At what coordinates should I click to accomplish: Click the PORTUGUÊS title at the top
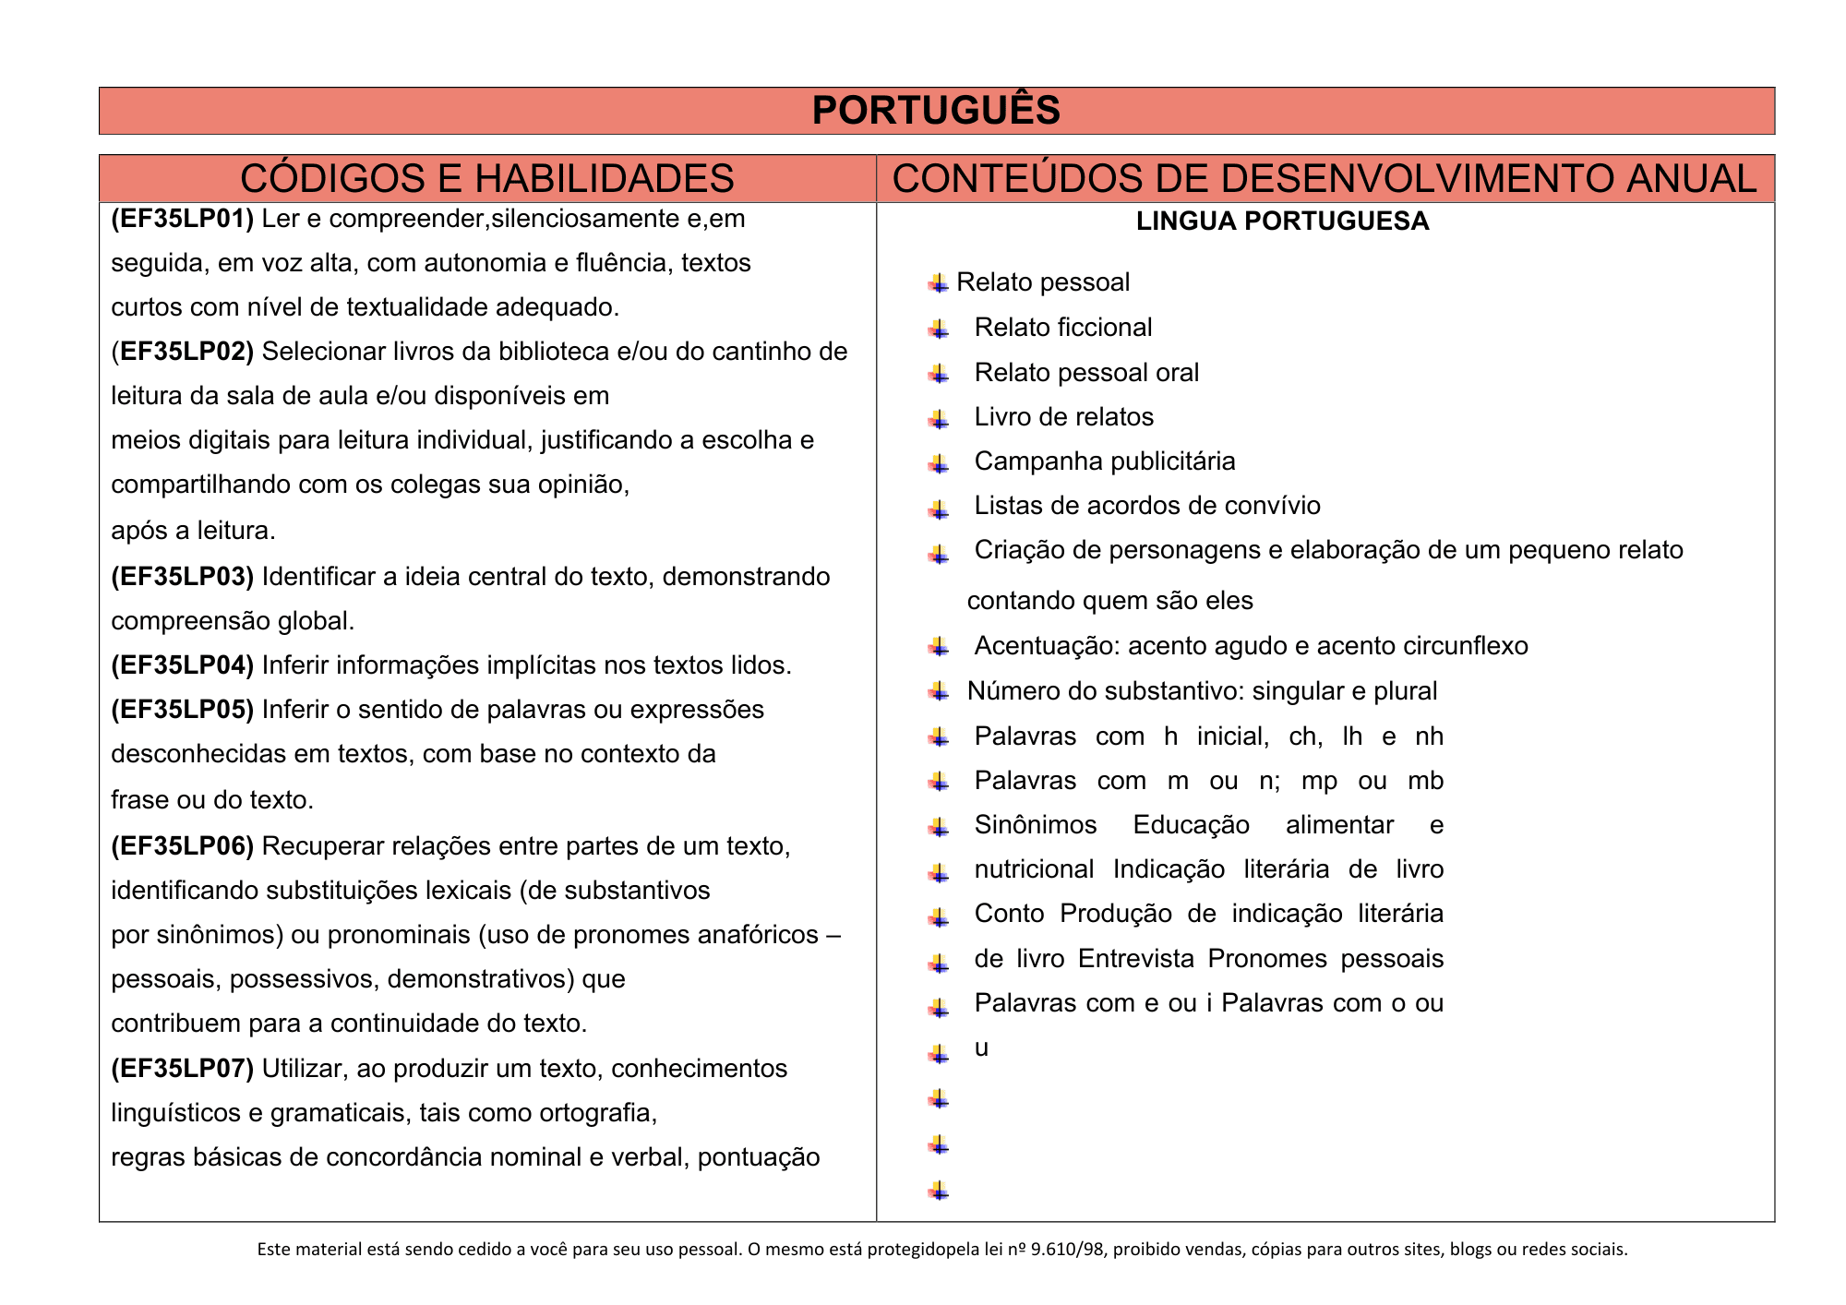[936, 111]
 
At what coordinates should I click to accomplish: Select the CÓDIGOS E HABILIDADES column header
[486, 178]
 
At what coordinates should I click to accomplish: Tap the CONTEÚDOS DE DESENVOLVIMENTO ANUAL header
[1325, 178]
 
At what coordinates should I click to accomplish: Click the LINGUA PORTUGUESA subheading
[1282, 221]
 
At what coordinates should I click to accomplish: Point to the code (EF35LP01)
[182, 219]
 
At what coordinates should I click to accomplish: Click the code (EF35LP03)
[182, 577]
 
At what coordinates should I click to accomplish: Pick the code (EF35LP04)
[182, 665]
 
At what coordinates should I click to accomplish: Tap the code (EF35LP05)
[182, 710]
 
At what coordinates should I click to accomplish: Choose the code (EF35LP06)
[182, 846]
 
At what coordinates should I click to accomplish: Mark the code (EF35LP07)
[182, 1069]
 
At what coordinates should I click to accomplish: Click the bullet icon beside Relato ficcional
[939, 329]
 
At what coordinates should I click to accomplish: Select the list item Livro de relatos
[1063, 417]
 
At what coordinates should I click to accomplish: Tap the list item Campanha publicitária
[1104, 461]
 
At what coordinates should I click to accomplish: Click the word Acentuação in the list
[1034, 646]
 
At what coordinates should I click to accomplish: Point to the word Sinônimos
[1035, 825]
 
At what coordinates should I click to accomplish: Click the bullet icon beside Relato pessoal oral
[939, 374]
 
